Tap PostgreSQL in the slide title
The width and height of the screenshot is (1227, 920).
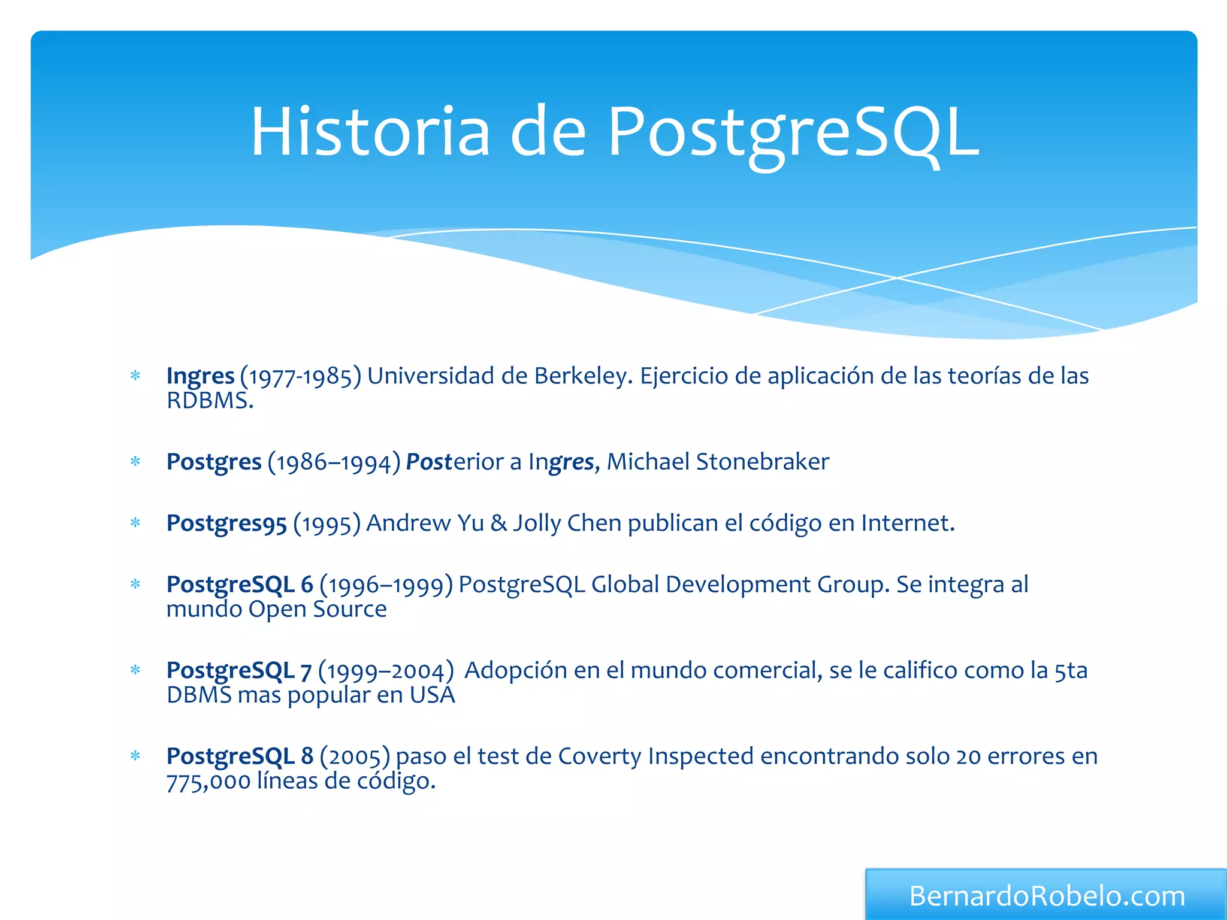tap(793, 133)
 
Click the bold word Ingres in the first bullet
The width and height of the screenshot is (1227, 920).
tap(200, 376)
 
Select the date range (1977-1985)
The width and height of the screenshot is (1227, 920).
tap(301, 377)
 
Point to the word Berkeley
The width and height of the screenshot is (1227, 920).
tap(583, 376)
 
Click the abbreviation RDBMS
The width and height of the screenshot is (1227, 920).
tap(209, 401)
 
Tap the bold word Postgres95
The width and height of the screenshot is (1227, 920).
tap(226, 523)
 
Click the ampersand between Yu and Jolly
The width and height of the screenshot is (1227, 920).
tap(498, 523)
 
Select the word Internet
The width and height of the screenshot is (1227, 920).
tap(907, 523)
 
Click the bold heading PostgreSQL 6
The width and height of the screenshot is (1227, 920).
tap(240, 585)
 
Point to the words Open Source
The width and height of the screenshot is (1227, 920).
tap(318, 609)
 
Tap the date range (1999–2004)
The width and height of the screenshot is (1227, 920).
tap(386, 671)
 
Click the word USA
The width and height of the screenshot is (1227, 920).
tap(432, 695)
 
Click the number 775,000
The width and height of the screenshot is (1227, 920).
tap(208, 782)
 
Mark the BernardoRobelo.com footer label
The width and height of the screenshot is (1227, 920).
tap(1047, 896)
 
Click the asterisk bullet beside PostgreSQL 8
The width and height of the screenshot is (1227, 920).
tap(135, 756)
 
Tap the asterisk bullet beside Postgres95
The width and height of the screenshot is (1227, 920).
tap(135, 523)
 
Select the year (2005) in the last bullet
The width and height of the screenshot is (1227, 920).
tap(355, 756)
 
